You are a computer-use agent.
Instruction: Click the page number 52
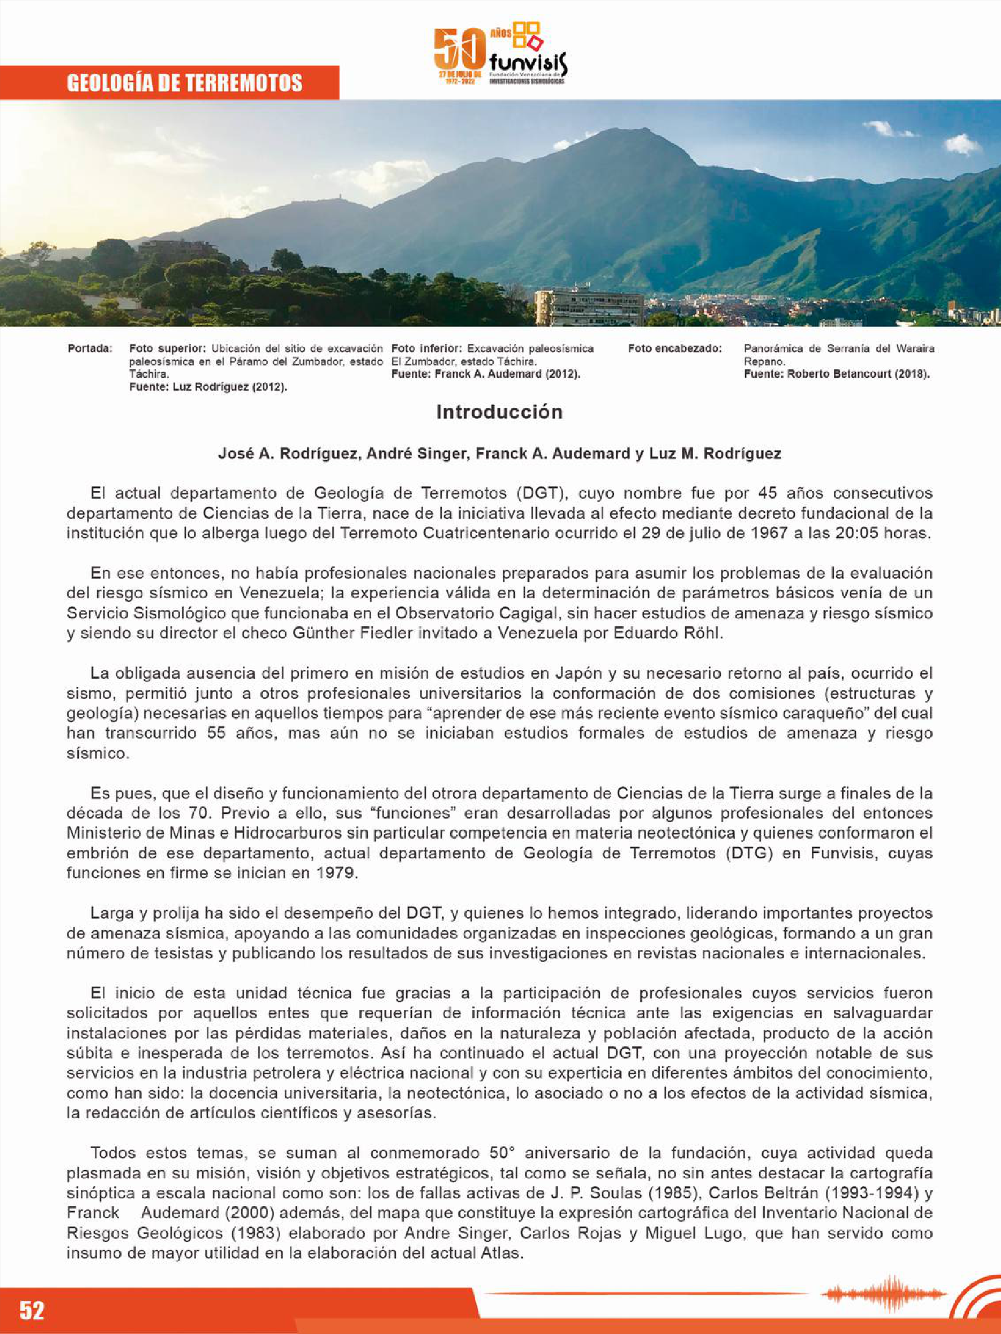pyautogui.click(x=32, y=1310)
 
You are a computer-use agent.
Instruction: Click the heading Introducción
pyautogui.click(x=499, y=412)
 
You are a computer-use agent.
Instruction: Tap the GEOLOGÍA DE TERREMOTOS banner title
pyautogui.click(x=185, y=83)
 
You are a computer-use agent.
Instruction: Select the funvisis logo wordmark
pyautogui.click(x=529, y=62)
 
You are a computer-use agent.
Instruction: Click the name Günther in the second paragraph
pyautogui.click(x=325, y=634)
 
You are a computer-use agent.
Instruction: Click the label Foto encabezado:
pyautogui.click(x=674, y=348)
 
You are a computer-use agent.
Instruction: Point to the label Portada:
pyautogui.click(x=90, y=348)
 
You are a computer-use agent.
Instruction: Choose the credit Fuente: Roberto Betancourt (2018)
pyautogui.click(x=836, y=374)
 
